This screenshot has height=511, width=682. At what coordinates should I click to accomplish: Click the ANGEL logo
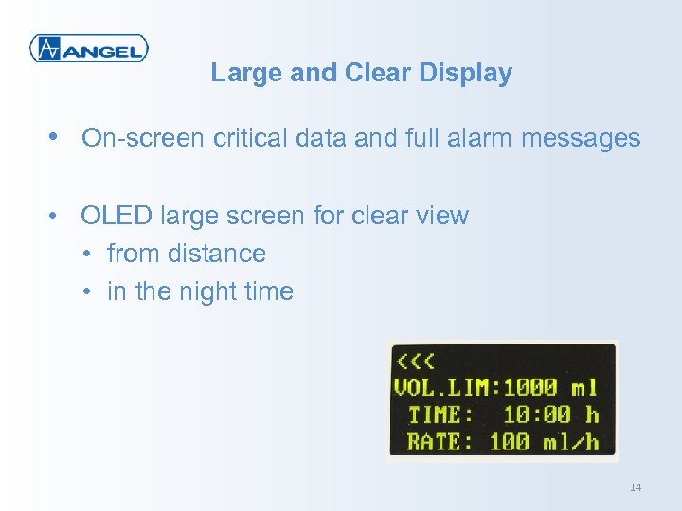88,47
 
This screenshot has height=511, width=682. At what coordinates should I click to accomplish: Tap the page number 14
635,487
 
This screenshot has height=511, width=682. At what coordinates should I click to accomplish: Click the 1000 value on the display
531,387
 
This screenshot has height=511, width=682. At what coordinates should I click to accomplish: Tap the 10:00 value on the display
537,414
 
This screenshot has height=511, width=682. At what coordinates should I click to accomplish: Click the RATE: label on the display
440,441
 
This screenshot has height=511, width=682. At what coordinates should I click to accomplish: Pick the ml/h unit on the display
570,441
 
